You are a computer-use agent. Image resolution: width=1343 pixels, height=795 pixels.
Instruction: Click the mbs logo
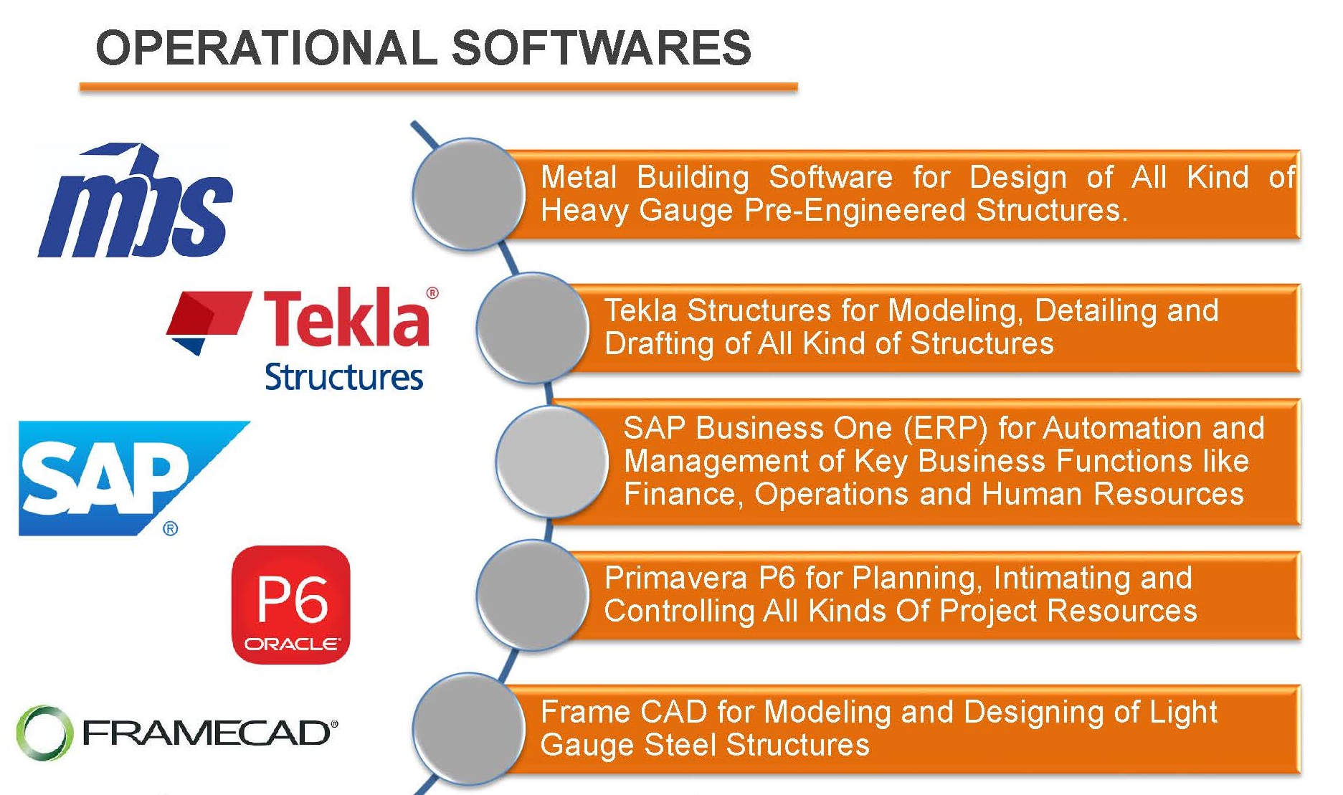136,201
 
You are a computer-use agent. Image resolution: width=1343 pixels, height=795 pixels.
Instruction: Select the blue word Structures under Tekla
344,377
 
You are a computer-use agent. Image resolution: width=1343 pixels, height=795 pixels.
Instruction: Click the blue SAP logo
134,478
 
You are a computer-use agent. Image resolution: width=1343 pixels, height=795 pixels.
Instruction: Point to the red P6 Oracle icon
291,604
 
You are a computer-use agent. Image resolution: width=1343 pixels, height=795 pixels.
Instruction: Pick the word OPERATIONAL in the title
266,48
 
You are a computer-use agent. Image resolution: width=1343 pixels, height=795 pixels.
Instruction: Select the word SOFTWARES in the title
601,48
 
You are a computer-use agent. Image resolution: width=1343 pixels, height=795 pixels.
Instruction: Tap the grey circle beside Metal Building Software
470,194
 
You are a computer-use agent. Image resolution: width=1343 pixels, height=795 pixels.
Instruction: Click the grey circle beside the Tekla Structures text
533,328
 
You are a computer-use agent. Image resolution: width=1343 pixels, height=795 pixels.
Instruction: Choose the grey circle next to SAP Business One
552,461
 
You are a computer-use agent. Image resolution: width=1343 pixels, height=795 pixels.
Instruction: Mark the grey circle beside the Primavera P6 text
533,595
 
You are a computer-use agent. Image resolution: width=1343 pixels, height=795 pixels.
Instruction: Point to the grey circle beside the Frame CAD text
470,728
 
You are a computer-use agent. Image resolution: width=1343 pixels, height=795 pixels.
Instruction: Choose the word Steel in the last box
679,745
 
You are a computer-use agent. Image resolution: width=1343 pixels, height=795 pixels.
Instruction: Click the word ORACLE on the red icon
291,644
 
